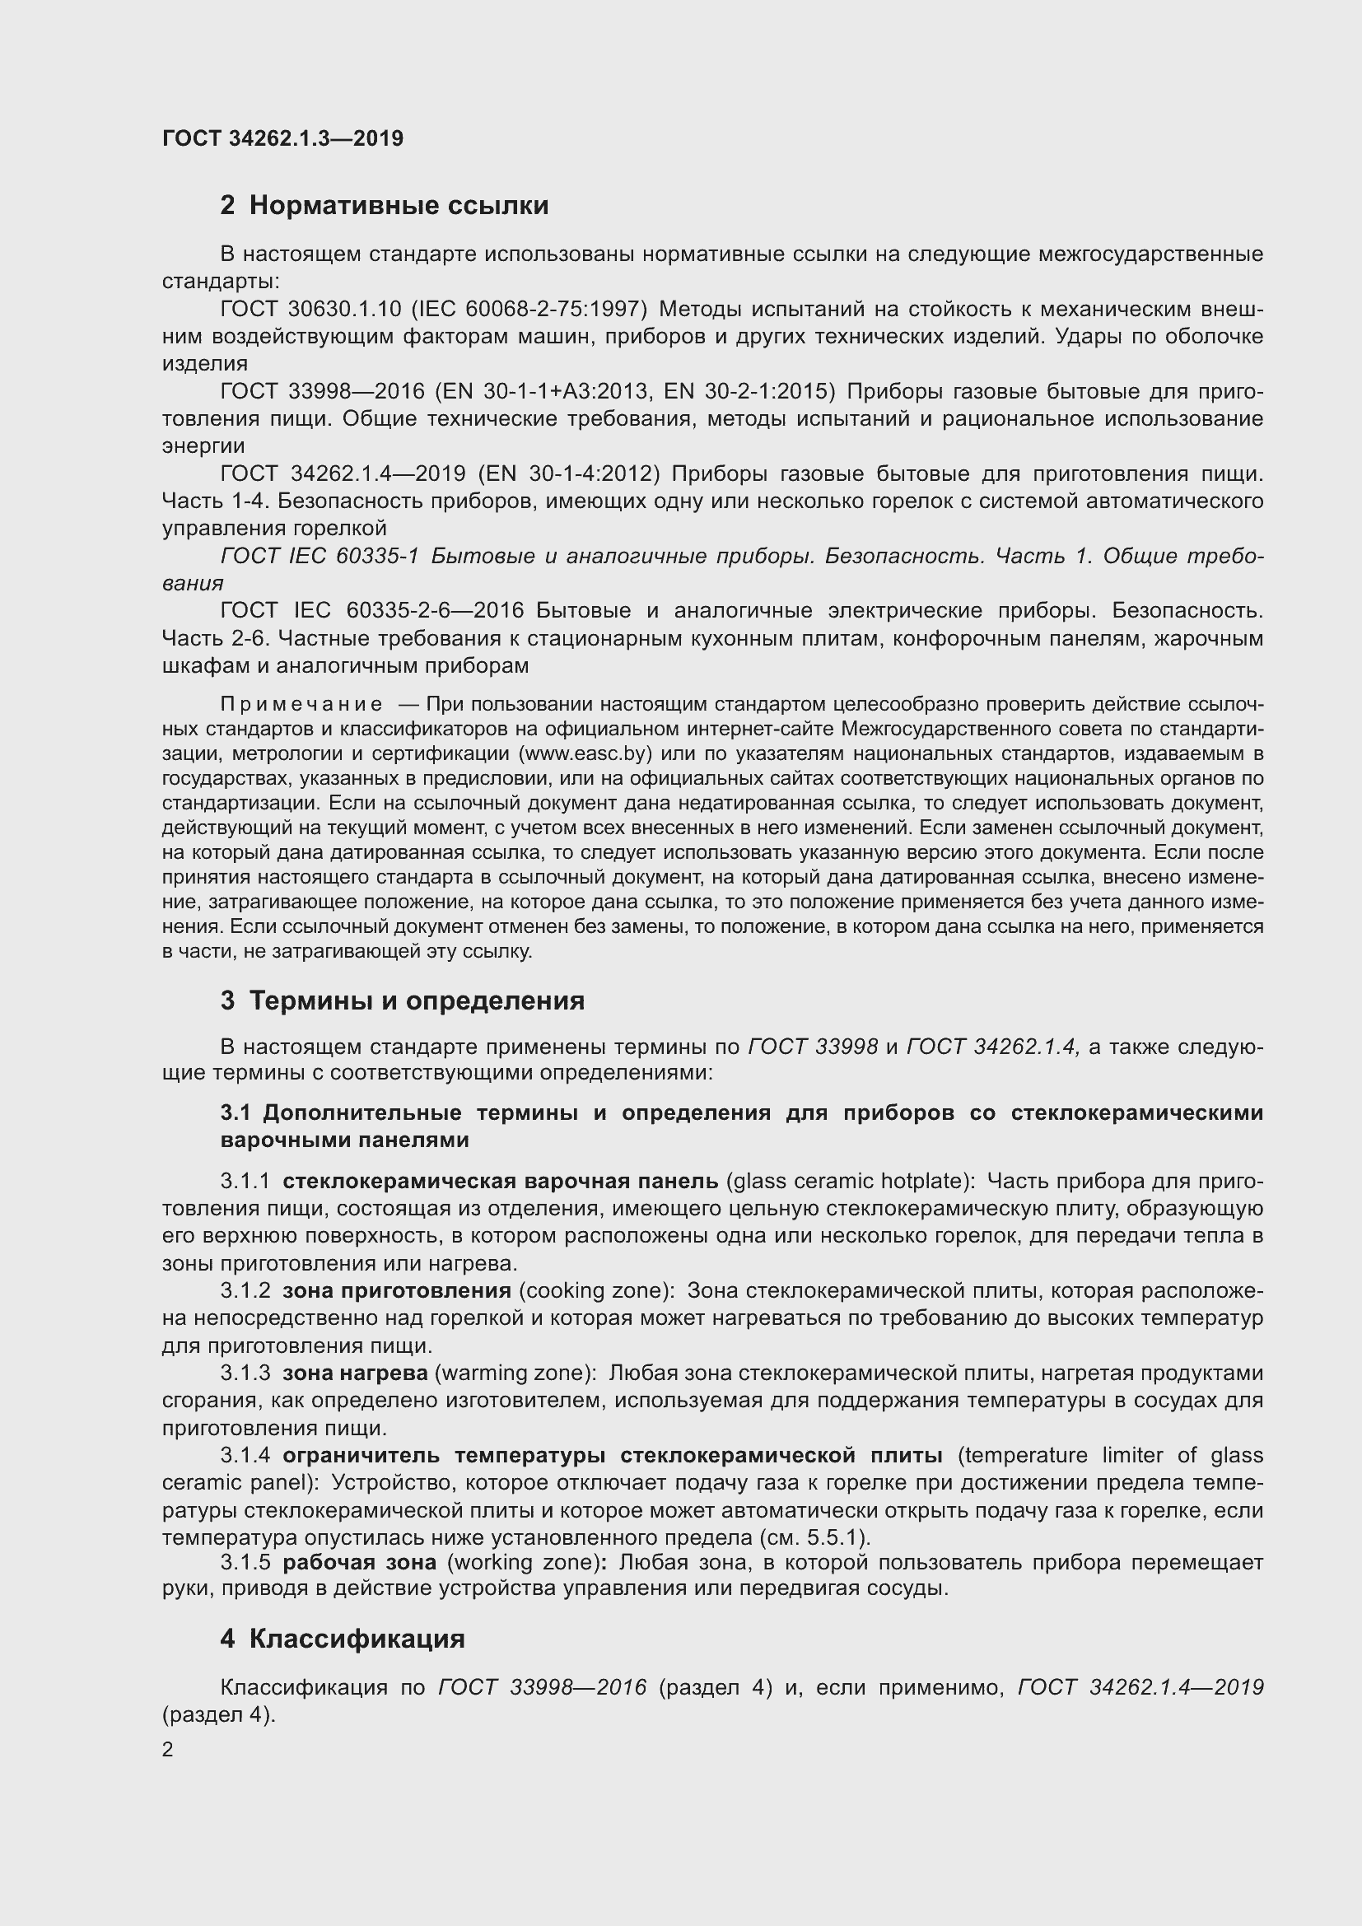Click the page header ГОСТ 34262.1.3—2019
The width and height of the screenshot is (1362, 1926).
coord(282,138)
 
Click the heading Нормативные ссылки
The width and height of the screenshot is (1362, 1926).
coord(383,205)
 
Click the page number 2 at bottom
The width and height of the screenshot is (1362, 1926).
coord(168,1750)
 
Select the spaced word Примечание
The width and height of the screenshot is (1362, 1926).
coord(301,703)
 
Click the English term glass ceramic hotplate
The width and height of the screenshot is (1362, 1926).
coord(849,1181)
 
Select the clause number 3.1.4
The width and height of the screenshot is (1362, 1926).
coord(245,1455)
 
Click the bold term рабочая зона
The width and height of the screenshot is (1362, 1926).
coord(359,1561)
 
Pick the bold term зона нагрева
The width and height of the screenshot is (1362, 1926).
coord(355,1373)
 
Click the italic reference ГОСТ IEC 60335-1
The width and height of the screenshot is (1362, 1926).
coord(319,556)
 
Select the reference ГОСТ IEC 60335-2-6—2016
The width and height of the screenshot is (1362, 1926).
coord(372,611)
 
